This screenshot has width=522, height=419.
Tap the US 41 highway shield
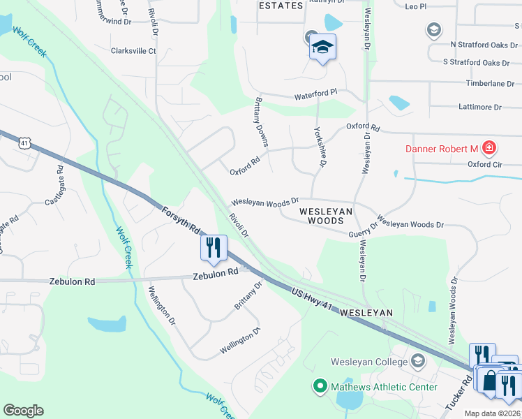coord(25,143)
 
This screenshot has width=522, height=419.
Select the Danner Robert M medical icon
coord(489,148)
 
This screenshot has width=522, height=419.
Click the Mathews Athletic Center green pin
coord(320,386)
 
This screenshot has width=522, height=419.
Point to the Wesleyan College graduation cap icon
coord(417,361)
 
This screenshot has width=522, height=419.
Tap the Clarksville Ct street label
coord(133,50)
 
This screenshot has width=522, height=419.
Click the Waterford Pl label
coord(315,92)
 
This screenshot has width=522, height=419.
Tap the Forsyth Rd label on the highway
coord(181,219)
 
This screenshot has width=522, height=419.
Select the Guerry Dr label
coord(363,230)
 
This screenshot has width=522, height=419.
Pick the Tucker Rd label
coord(458,393)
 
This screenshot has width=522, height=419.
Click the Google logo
coord(23,411)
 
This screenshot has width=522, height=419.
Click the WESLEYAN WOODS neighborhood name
coord(327,214)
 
